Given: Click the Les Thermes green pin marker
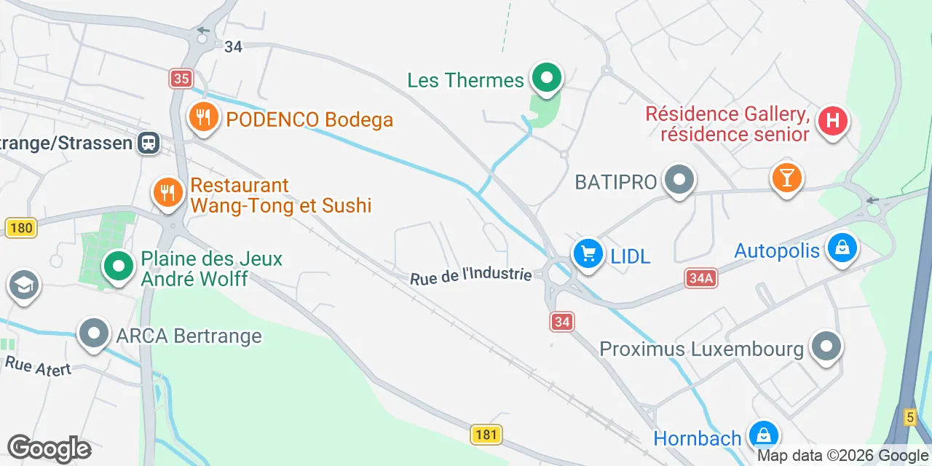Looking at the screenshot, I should [547, 76].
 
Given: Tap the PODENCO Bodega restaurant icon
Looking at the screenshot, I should [204, 116].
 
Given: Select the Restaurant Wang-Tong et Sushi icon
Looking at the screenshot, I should [168, 192].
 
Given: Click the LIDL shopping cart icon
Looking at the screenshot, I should [588, 253].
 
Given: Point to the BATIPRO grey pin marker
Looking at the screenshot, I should [680, 179].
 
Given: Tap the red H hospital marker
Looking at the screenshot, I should [833, 120].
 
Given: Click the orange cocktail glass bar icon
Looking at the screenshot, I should [786, 178].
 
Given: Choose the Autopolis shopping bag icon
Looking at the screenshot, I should [842, 248].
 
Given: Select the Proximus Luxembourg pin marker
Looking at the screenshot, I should [826, 347].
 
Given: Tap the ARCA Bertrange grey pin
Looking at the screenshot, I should [94, 333].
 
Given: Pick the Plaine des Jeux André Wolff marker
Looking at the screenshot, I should [118, 266].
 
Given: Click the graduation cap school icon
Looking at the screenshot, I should [24, 286].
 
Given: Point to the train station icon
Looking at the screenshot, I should [149, 142].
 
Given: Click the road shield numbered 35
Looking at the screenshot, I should [181, 79].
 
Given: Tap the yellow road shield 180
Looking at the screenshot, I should [21, 228].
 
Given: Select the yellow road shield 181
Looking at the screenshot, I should [485, 435].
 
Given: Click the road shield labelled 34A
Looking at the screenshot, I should [700, 277].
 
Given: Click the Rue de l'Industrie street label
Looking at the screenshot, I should [471, 275].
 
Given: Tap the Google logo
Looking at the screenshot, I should [49, 449].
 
